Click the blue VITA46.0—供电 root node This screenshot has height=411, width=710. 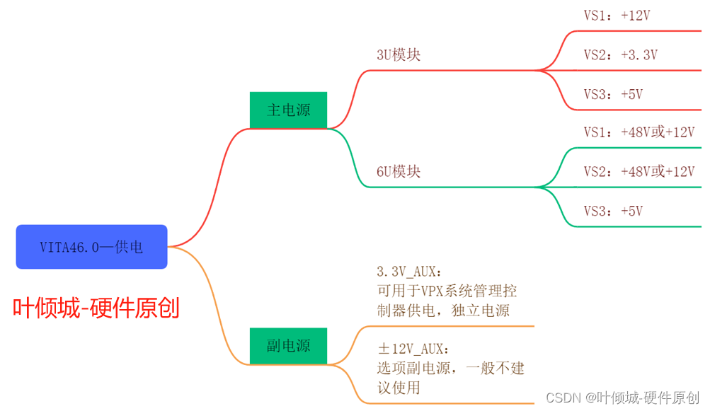coord(91,247)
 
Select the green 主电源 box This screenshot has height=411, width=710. coord(288,110)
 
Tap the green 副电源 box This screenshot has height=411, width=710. coord(288,346)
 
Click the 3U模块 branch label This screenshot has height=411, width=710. coord(399,55)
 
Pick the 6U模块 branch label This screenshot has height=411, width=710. coord(399,172)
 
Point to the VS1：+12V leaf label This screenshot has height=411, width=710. coord(617,16)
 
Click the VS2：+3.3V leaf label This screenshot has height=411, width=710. coord(620,54)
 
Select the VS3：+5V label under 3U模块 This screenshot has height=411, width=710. coord(613,94)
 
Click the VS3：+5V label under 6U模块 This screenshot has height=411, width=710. coord(613,211)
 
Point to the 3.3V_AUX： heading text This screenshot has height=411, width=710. coord(410,272)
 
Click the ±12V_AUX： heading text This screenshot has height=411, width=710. coord(413,349)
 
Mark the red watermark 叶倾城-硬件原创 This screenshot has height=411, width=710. coord(96,308)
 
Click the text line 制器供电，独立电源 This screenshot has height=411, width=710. coord(443,311)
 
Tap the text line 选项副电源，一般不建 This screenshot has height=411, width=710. coord(450,368)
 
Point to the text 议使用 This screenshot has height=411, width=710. coord(399,388)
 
